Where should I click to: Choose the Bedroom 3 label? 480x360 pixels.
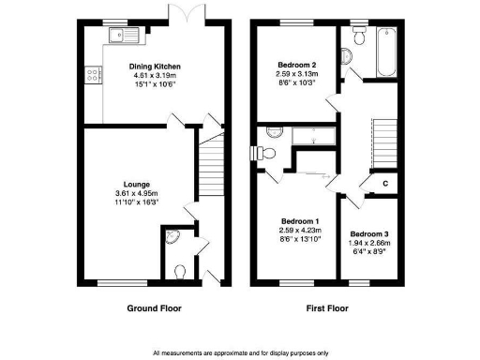pos(368,233)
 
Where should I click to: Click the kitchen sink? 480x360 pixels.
pos(122,37)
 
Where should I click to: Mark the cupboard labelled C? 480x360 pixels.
pos(385,184)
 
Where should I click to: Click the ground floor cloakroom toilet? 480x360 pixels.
pos(180,270)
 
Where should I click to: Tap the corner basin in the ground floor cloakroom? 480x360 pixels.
pos(170,238)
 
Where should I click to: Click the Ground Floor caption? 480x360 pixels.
pos(154,308)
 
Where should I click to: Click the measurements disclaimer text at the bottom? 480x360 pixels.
pos(240,352)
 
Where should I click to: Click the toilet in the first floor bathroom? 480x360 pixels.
pos(358,37)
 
